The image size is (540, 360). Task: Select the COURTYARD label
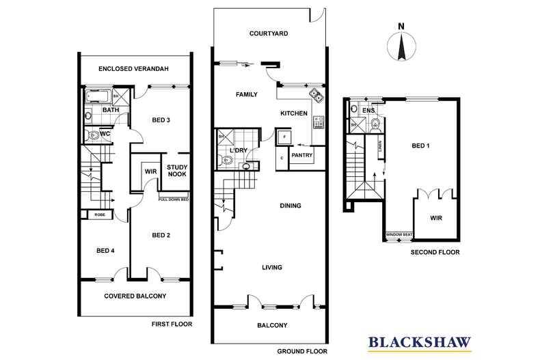click(x=269, y=33)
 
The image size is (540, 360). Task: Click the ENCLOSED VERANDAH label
click(x=133, y=69)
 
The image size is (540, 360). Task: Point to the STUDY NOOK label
click(x=177, y=170)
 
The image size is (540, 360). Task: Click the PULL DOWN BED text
click(x=174, y=199)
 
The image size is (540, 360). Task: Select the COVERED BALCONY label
click(x=135, y=296)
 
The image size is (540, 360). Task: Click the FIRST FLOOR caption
click(x=173, y=324)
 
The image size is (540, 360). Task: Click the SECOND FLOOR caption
click(x=435, y=252)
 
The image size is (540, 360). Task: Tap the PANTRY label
click(x=301, y=155)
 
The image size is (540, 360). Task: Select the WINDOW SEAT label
click(x=399, y=235)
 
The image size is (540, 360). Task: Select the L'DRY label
click(x=238, y=149)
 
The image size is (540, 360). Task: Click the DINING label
click(x=291, y=204)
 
